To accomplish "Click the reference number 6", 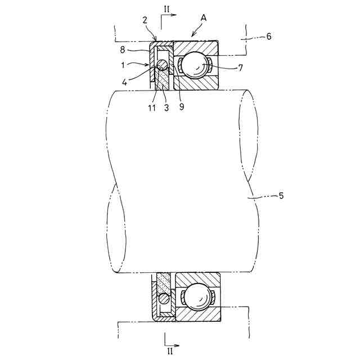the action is click(x=269, y=36).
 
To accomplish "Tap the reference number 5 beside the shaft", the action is click(x=281, y=196).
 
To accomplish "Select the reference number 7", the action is click(x=240, y=68).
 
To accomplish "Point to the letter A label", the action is click(x=204, y=17).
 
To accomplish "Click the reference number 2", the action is click(x=145, y=20).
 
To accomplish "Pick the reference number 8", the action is click(x=123, y=49).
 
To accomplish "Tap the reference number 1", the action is click(x=123, y=65).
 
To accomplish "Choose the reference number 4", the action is click(x=124, y=82).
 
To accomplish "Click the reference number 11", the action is click(x=152, y=108).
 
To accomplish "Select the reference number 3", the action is click(x=166, y=107).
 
